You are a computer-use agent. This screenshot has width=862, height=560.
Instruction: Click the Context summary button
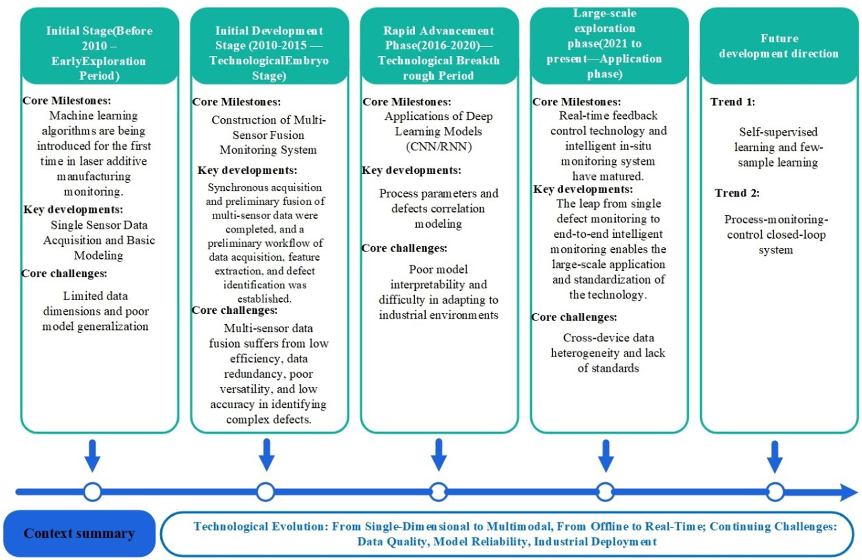click(79, 533)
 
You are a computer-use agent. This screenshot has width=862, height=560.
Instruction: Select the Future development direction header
click(779, 46)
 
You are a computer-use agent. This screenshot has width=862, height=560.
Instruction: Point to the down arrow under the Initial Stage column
click(92, 456)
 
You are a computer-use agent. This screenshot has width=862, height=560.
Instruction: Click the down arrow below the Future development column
click(775, 457)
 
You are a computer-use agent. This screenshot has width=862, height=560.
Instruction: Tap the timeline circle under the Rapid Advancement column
click(438, 492)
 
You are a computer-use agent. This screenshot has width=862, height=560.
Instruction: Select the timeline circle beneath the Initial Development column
click(266, 492)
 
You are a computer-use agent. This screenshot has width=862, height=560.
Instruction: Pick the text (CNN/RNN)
click(439, 147)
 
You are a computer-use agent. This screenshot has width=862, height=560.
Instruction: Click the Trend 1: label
click(733, 102)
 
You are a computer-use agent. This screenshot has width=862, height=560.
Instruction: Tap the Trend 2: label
click(737, 193)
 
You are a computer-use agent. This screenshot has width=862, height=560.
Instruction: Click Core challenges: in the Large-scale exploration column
click(574, 317)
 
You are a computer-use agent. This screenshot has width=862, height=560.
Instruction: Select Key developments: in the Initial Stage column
click(73, 209)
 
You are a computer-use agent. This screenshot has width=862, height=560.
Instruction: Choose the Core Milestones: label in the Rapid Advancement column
click(407, 102)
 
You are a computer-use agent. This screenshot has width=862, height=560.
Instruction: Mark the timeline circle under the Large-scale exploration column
click(605, 492)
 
